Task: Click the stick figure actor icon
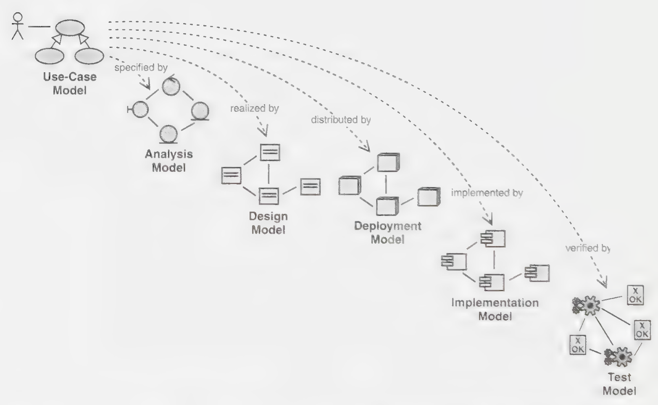(17, 26)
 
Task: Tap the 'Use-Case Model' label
(70, 84)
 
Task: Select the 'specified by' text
(141, 68)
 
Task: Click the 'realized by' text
(254, 108)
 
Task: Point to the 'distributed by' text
(341, 120)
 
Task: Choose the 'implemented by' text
(487, 193)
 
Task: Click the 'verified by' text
(588, 248)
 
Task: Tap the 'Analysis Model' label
(168, 160)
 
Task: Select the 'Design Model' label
(268, 223)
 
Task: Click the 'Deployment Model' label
(387, 233)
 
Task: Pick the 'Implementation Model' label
(495, 309)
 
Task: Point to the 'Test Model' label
(619, 384)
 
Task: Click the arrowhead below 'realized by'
(263, 131)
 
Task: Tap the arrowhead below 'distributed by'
(365, 146)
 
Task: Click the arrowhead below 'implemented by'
(488, 219)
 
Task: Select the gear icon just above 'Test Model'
(618, 357)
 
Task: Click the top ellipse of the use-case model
(70, 28)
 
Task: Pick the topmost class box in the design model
(270, 152)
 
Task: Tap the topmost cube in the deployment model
(388, 162)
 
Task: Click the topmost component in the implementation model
(493, 239)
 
